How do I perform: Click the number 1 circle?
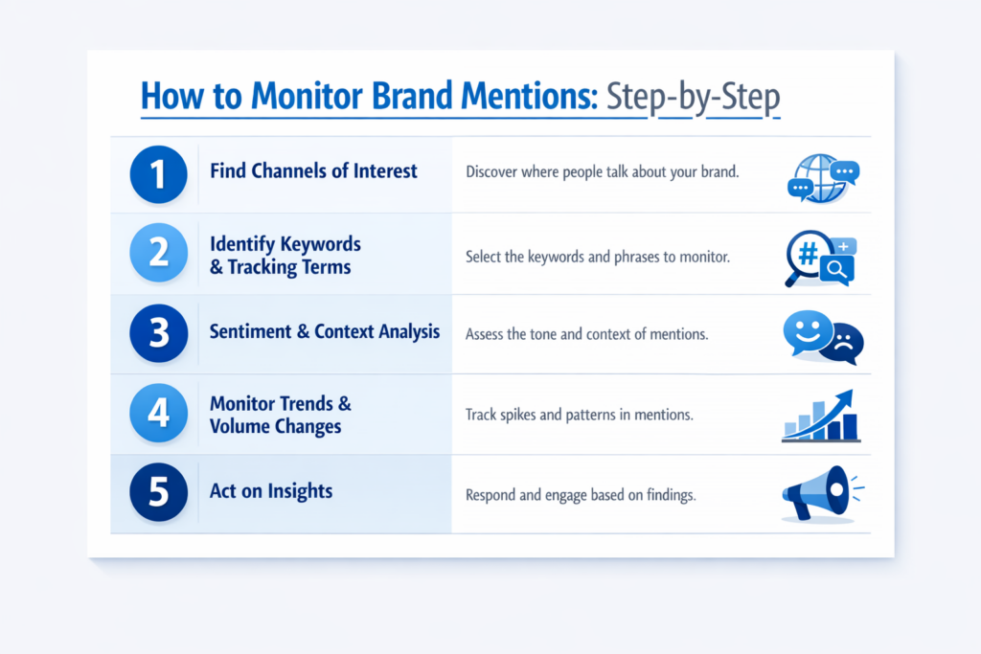pos(158,173)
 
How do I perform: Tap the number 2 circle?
pos(158,253)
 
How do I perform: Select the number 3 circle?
pos(158,333)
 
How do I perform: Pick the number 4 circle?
pos(158,414)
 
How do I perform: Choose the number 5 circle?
pos(158,493)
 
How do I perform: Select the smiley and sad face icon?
pos(822,336)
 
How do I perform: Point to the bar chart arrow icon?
pos(820,417)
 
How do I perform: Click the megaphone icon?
pos(820,494)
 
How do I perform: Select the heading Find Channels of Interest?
pos(313,171)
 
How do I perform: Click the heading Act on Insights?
pos(271,491)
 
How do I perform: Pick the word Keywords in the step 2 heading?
pos(321,244)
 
